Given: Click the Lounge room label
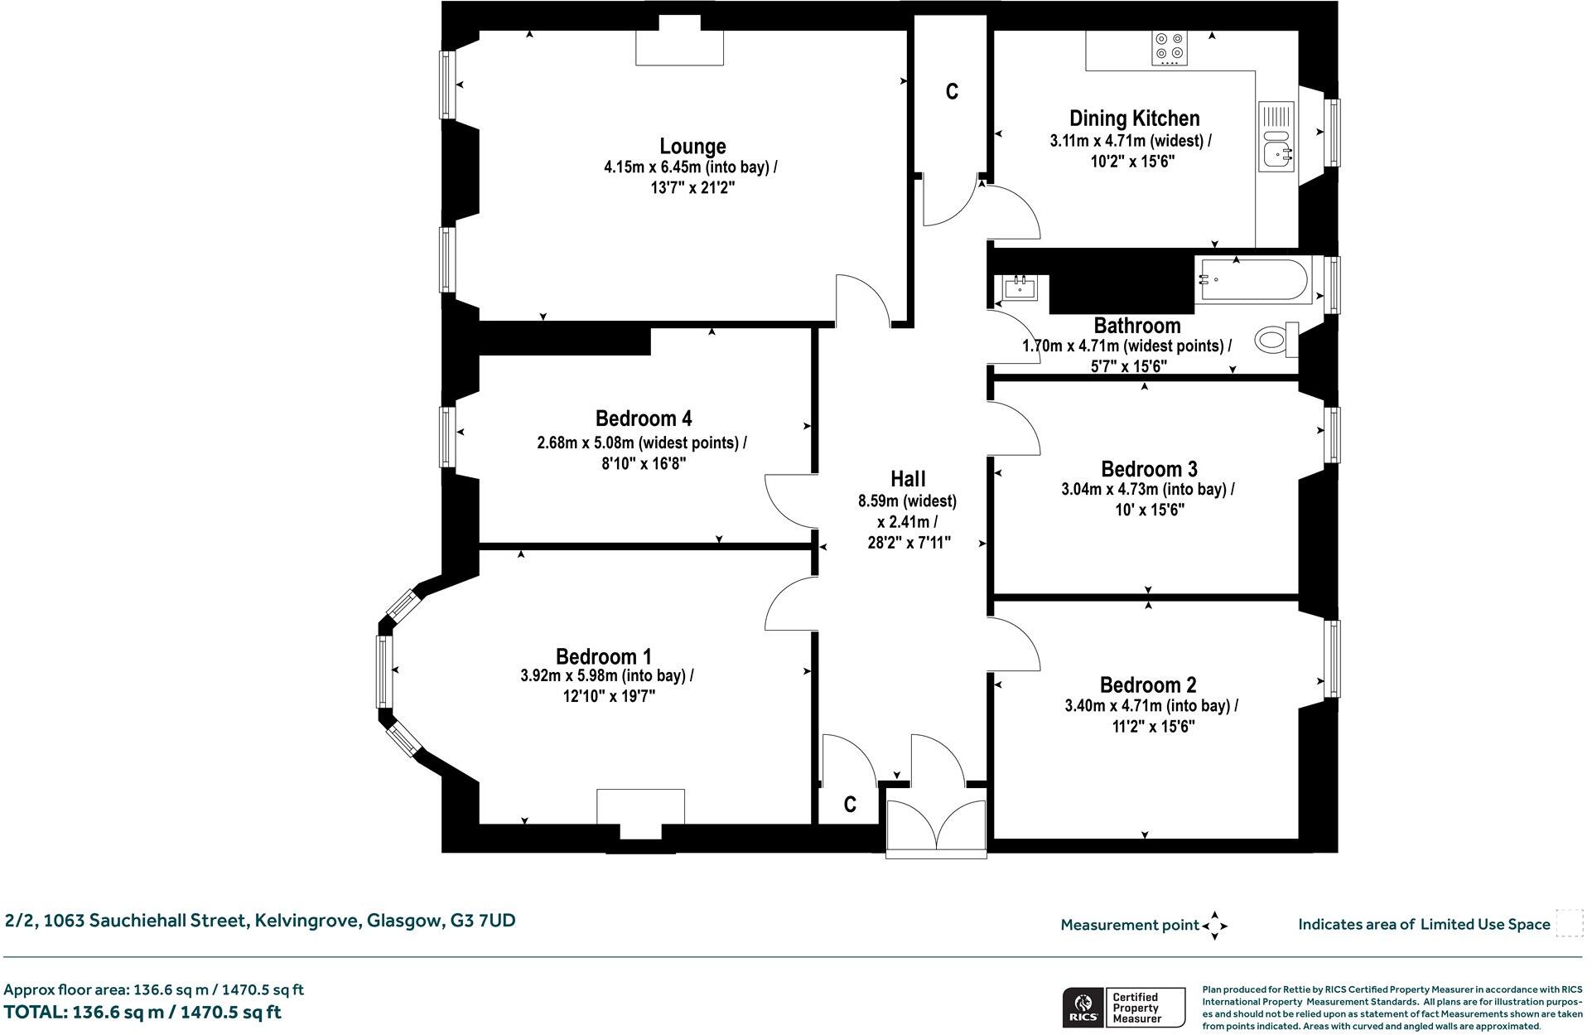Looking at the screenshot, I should pyautogui.click(x=692, y=147).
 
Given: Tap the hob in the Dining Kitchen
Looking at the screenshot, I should pyautogui.click(x=1170, y=48).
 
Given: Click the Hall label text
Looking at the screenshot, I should pyautogui.click(x=908, y=479).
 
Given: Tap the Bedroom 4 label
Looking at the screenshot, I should pyautogui.click(x=643, y=418).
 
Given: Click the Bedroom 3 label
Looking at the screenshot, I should pyautogui.click(x=1149, y=469).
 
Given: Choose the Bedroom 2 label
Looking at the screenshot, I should pyautogui.click(x=1147, y=685).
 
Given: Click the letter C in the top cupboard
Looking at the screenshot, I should pyautogui.click(x=952, y=92).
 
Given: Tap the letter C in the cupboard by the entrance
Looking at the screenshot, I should pyautogui.click(x=849, y=805).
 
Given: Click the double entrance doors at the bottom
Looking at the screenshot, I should pyautogui.click(x=936, y=825).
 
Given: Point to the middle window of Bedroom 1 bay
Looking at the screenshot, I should pyautogui.click(x=384, y=670).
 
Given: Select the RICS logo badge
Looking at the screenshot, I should pyautogui.click(x=1082, y=1007).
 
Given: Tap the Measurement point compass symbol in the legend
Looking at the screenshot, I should pyautogui.click(x=1214, y=926).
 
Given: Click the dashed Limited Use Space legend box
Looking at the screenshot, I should pyautogui.click(x=1569, y=923).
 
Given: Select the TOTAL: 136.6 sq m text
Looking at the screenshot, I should pyautogui.click(x=142, y=1012).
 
